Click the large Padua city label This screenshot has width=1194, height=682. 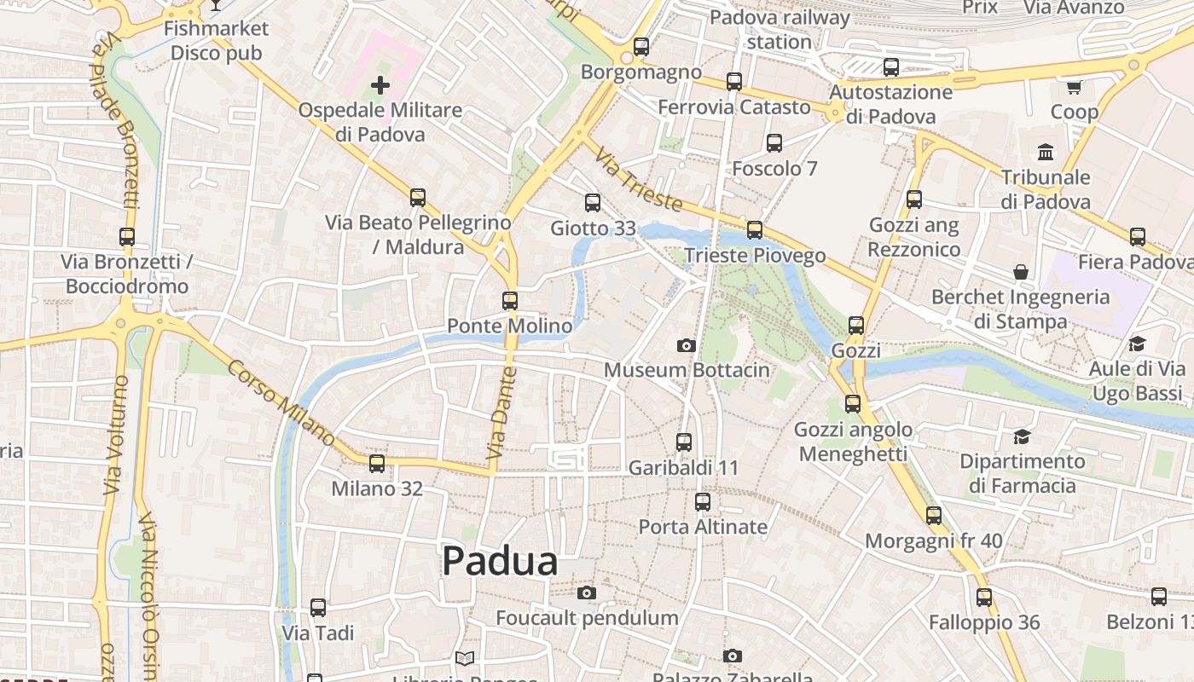tap(501, 561)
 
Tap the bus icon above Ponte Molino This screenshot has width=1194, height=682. tap(510, 301)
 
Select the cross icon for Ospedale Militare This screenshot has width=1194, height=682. tap(380, 85)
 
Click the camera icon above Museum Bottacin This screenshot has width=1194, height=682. tap(686, 345)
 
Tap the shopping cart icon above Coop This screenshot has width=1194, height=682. tap(1074, 87)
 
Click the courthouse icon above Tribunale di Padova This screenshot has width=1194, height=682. tap(1046, 153)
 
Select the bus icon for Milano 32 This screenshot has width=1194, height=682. tap(376, 464)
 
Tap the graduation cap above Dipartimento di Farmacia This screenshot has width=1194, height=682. tap(1022, 437)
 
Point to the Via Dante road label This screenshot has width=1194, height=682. tap(502, 413)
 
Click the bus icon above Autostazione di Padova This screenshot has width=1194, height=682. tap(891, 66)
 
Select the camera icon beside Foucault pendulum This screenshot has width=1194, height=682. tap(587, 592)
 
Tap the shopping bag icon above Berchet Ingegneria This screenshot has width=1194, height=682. tap(1021, 272)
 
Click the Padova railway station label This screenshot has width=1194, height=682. tap(780, 29)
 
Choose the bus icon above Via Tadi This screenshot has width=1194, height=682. tap(318, 608)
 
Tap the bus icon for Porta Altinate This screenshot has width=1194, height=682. tap(703, 502)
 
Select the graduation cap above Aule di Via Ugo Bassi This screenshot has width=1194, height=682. tap(1137, 344)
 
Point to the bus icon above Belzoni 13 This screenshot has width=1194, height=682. tap(1158, 597)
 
